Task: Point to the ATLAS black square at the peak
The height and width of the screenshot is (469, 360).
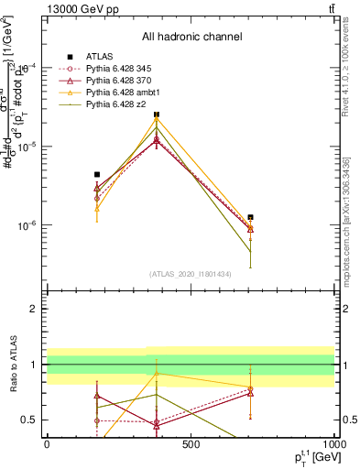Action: (x=157, y=115)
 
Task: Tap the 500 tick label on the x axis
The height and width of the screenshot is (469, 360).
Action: (x=191, y=444)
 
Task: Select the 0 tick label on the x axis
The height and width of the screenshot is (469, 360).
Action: (x=47, y=444)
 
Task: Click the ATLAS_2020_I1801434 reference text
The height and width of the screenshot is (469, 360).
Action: (x=191, y=273)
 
